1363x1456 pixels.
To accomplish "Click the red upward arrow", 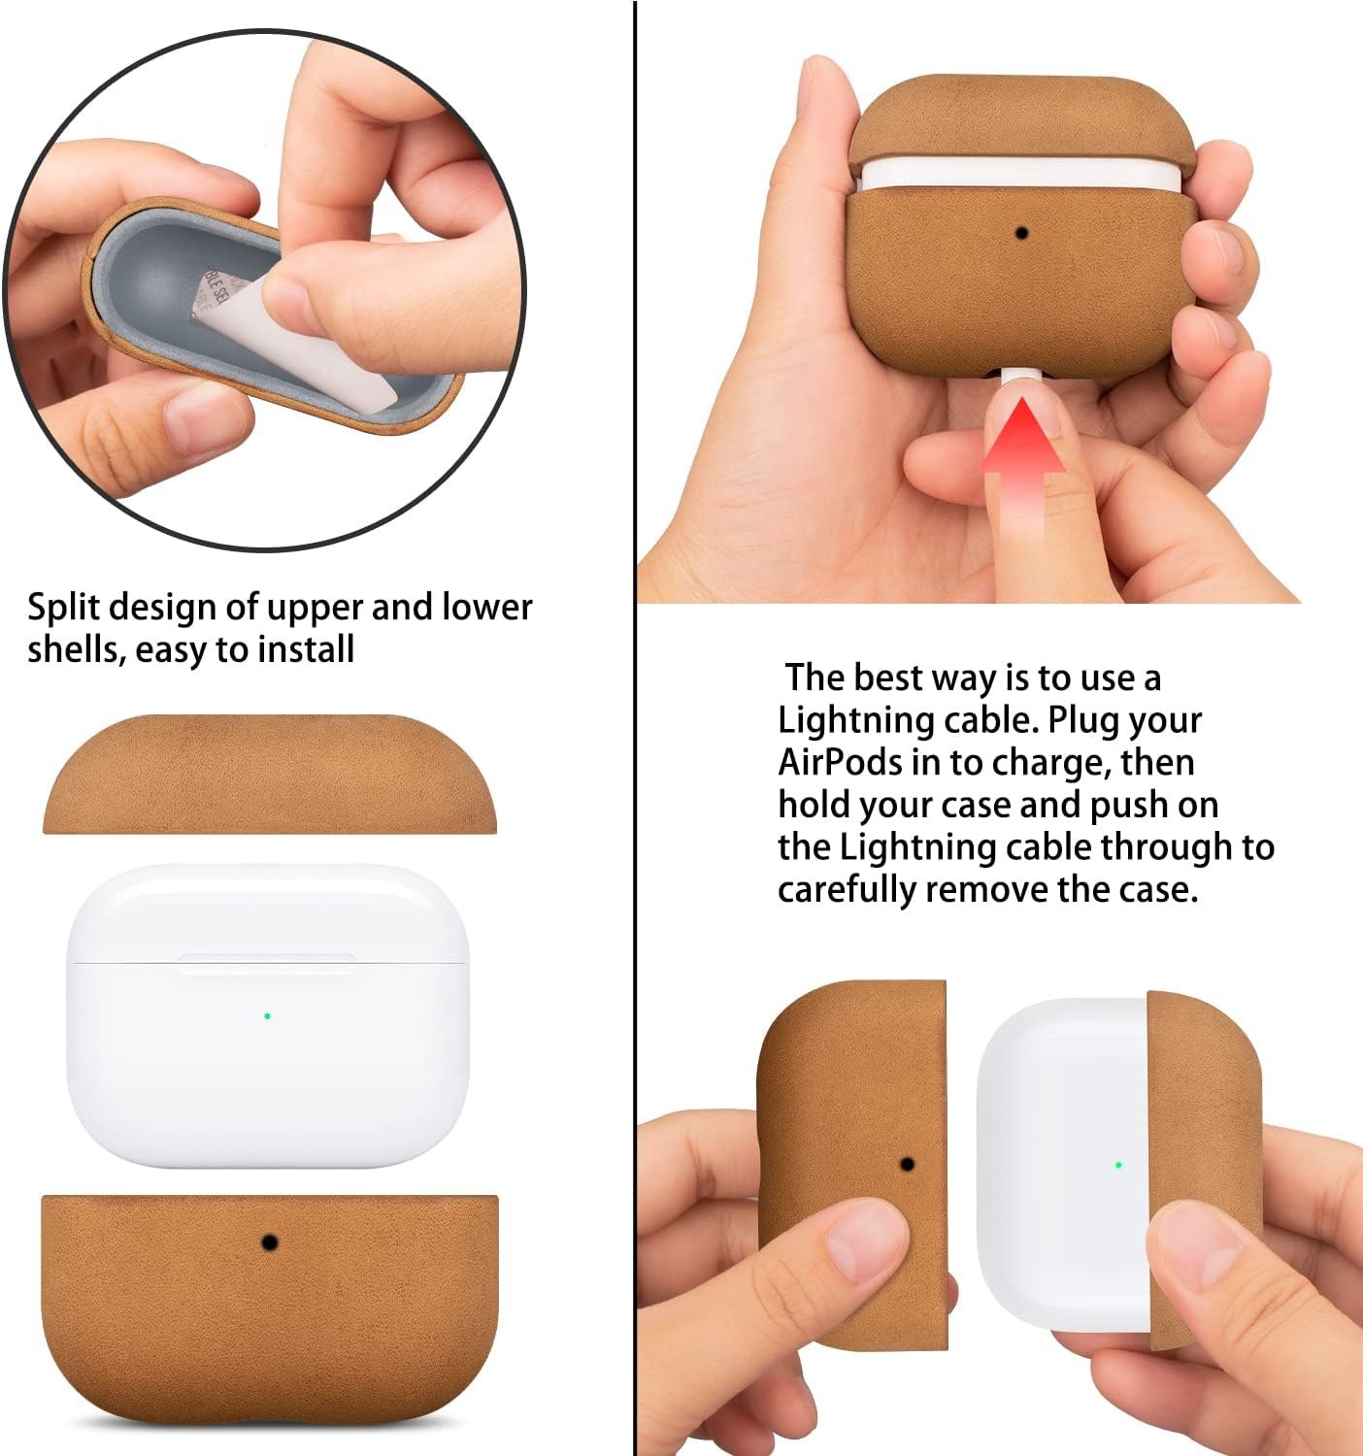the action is pyautogui.click(x=1023, y=462).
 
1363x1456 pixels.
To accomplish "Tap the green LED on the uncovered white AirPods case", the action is pyautogui.click(x=267, y=1016).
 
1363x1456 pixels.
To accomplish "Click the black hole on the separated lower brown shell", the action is pyautogui.click(x=270, y=1242).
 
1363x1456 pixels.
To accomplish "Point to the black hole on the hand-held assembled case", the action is pyautogui.click(x=1021, y=234).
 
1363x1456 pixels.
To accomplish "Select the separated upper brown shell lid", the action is pyautogui.click(x=270, y=774).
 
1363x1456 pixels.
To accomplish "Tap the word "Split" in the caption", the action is pyautogui.click(x=63, y=608).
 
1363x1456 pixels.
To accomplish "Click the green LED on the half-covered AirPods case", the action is pyautogui.click(x=1118, y=1165).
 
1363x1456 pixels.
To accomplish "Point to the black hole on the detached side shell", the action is pyautogui.click(x=908, y=1164).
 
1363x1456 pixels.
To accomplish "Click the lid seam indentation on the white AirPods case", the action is pyautogui.click(x=268, y=963).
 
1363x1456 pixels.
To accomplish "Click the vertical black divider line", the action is pyautogui.click(x=635, y=728).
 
